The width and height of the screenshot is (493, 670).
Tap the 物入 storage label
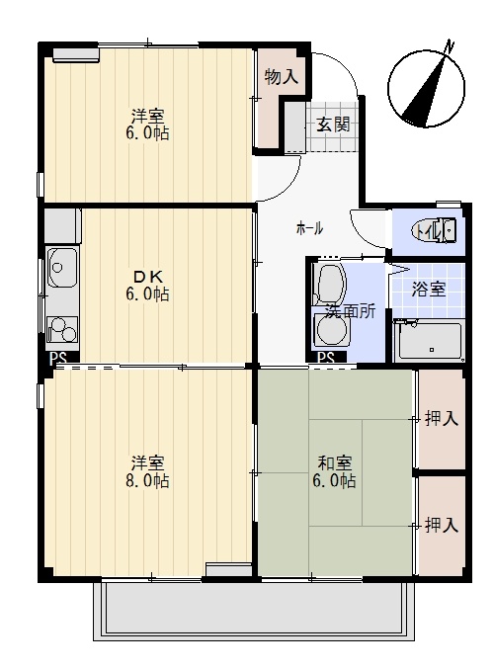coord(281,77)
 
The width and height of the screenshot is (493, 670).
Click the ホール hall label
coord(309,228)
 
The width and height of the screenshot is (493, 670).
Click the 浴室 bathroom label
coord(429,290)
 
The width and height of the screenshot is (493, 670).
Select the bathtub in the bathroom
coord(429,342)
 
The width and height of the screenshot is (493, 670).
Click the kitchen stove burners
coord(61,326)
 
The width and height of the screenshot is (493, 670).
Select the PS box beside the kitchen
coord(58,358)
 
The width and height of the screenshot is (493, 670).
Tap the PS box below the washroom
coord(326,358)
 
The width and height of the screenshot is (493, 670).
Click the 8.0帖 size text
coord(147,481)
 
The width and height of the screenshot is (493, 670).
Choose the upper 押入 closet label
coord(441,419)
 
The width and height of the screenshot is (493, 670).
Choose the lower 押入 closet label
coord(441,525)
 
